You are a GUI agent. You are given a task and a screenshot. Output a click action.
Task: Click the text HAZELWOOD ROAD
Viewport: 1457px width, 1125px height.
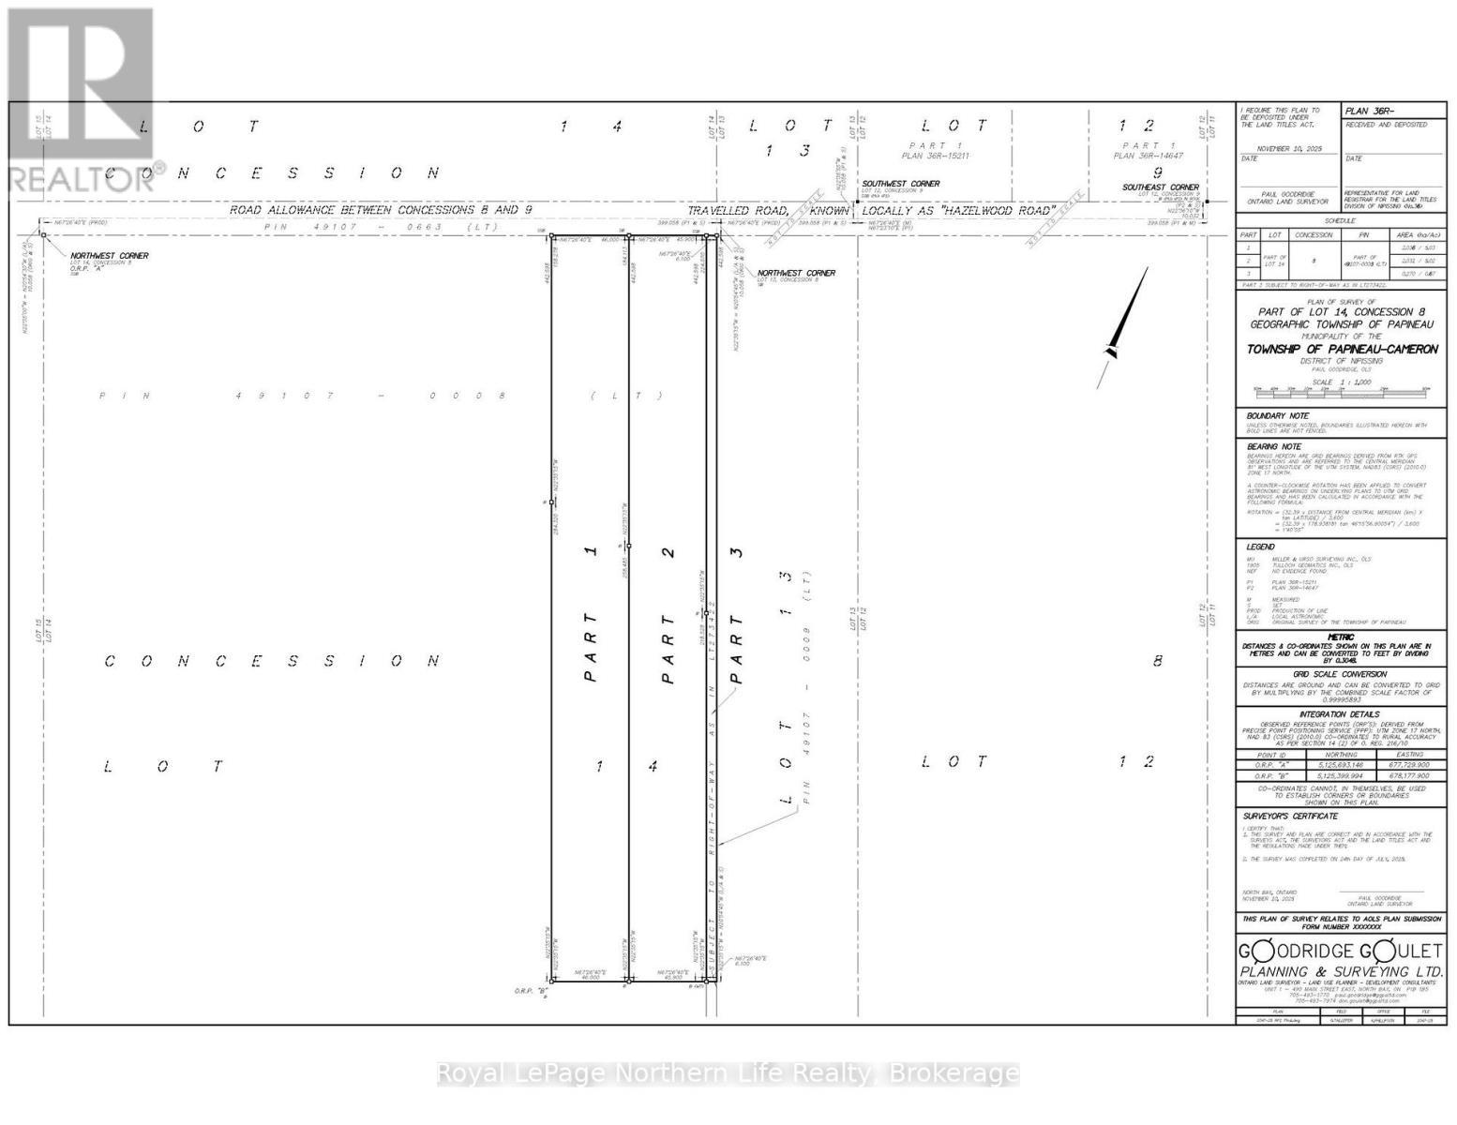[995, 210]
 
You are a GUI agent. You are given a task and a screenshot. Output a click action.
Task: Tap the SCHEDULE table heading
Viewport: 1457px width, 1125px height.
[1341, 220]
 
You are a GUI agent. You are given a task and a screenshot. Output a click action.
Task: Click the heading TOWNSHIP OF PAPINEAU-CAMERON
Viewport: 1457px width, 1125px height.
[1342, 349]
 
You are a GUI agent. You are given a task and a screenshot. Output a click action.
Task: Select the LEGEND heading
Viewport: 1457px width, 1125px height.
[1260, 547]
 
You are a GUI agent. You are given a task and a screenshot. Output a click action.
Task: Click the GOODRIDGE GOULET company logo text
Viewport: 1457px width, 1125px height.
[1342, 952]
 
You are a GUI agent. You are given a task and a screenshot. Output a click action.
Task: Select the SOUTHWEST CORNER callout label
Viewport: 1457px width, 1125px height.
[901, 184]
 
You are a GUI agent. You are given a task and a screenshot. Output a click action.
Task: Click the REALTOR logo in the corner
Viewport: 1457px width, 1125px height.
[80, 103]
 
